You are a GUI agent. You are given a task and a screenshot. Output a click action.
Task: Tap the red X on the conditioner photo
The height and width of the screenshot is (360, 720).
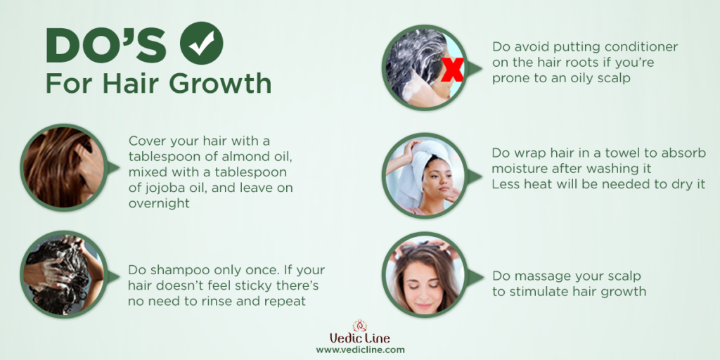(452, 70)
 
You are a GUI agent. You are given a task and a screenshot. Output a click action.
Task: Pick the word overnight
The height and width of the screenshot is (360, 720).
(159, 203)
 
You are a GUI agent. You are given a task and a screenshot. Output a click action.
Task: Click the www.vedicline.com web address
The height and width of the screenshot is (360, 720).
(361, 350)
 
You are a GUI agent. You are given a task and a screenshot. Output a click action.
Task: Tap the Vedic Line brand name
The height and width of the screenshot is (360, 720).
(360, 339)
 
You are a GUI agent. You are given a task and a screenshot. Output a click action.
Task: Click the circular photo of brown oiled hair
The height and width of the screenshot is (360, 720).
(64, 167)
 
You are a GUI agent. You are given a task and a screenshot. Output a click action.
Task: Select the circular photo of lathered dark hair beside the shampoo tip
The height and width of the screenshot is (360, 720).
(64, 274)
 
